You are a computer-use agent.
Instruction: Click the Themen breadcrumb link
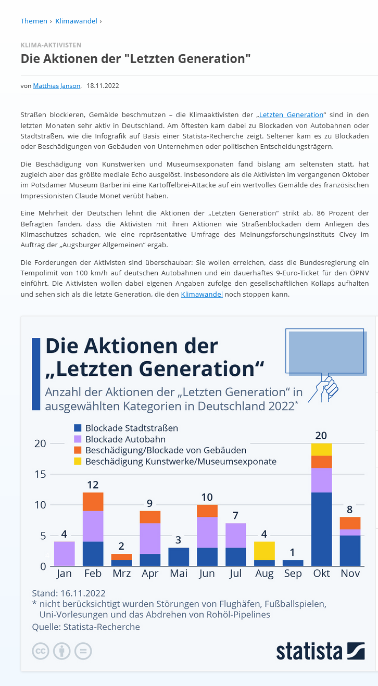(33, 21)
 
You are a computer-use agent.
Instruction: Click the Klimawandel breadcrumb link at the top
(76, 21)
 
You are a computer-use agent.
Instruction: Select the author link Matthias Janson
(57, 86)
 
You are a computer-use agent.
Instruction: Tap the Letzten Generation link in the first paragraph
(291, 115)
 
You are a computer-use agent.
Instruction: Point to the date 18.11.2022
(103, 86)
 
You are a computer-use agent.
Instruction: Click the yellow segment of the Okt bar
(321, 450)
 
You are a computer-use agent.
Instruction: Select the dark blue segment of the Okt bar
(321, 529)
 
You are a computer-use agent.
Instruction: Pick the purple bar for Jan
(65, 554)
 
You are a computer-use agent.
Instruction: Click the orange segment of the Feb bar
(93, 502)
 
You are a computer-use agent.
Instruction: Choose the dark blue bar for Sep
(293, 563)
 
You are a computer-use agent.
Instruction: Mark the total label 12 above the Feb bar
(93, 485)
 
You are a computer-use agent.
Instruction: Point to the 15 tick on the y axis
(40, 474)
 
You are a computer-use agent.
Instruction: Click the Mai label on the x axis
(179, 574)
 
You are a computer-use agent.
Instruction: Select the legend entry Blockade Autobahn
(125, 439)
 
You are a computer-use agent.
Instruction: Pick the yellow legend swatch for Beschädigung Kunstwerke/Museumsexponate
(78, 461)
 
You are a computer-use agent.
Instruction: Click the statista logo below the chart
(320, 651)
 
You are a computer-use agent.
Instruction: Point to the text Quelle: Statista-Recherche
(86, 627)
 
